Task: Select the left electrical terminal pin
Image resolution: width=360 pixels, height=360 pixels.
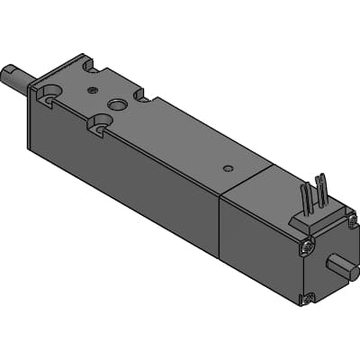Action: tap(305, 195)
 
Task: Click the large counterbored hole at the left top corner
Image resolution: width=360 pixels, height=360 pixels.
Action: tap(50, 92)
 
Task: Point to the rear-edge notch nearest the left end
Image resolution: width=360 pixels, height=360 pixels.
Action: tap(87, 65)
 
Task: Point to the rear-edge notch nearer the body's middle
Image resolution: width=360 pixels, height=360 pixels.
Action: tap(140, 94)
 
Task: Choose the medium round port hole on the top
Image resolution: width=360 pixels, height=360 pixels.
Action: tap(117, 105)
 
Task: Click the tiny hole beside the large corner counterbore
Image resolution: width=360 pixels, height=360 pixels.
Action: tap(92, 89)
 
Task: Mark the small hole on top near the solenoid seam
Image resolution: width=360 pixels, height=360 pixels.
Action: tap(227, 167)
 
